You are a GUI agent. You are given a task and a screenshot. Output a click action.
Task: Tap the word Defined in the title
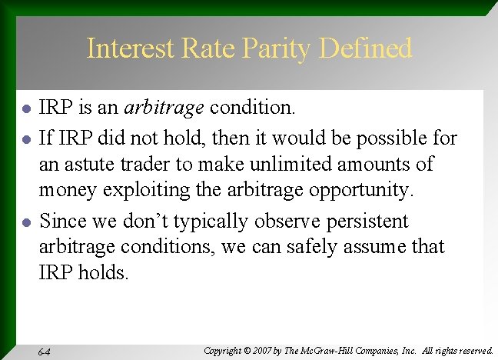click(x=364, y=48)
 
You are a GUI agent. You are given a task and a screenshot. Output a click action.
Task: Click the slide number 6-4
click(x=44, y=352)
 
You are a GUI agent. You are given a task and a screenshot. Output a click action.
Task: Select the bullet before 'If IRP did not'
click(x=26, y=139)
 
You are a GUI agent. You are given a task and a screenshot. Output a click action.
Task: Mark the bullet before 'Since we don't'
click(x=26, y=223)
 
